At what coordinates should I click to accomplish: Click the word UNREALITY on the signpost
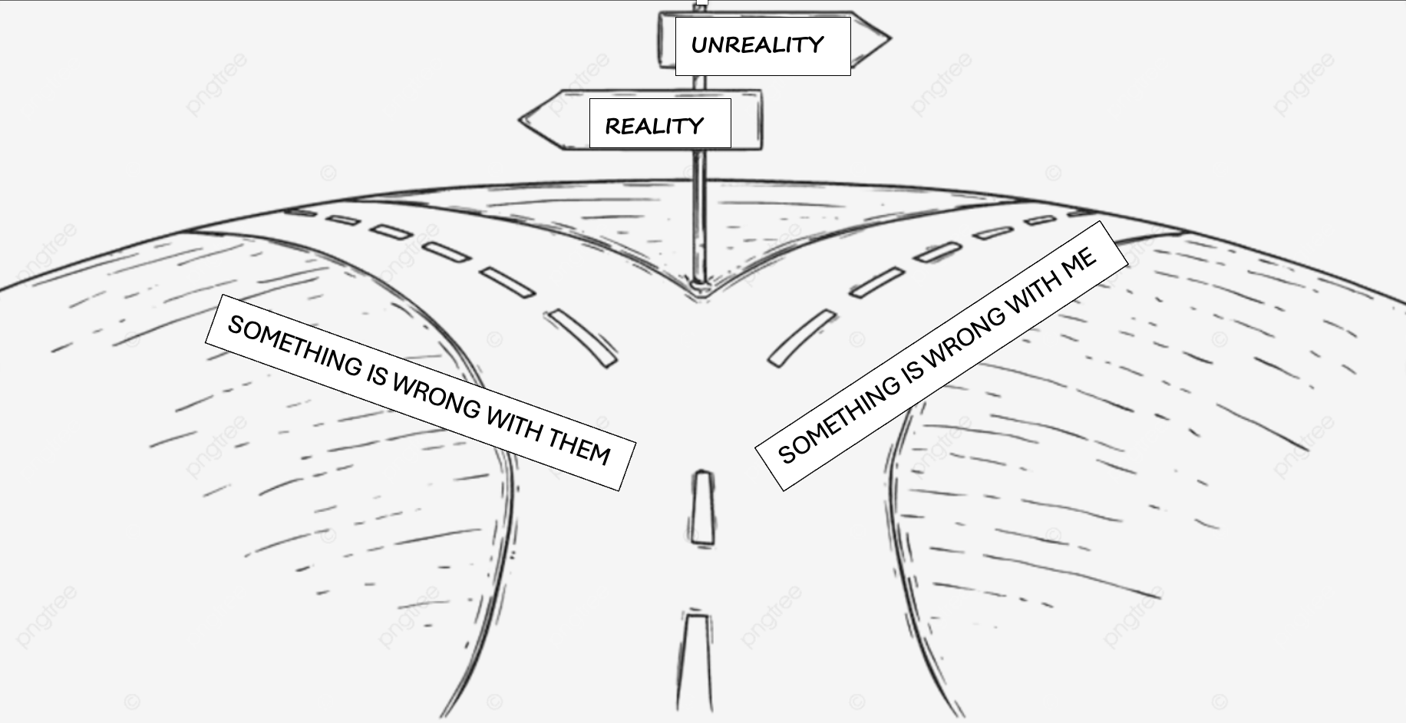(x=757, y=45)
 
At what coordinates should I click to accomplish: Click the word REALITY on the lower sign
(x=654, y=126)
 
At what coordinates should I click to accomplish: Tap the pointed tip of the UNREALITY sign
(x=888, y=39)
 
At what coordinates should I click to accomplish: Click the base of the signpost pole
(x=698, y=285)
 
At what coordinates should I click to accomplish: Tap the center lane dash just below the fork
(x=701, y=507)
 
